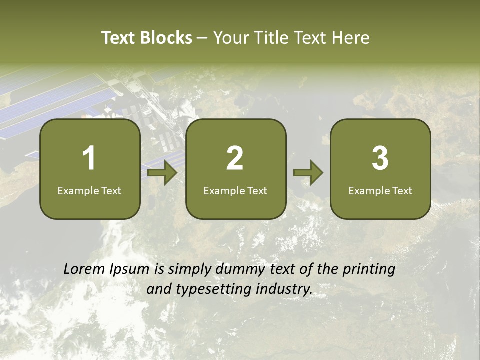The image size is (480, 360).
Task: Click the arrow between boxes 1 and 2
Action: (x=162, y=173)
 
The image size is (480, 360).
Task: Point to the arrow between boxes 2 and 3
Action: (x=308, y=173)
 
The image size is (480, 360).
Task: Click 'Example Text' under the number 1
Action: (x=89, y=191)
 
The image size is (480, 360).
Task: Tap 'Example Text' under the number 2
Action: (x=235, y=191)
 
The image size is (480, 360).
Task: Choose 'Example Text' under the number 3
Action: (x=380, y=191)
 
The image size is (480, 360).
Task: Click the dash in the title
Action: (x=202, y=38)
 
